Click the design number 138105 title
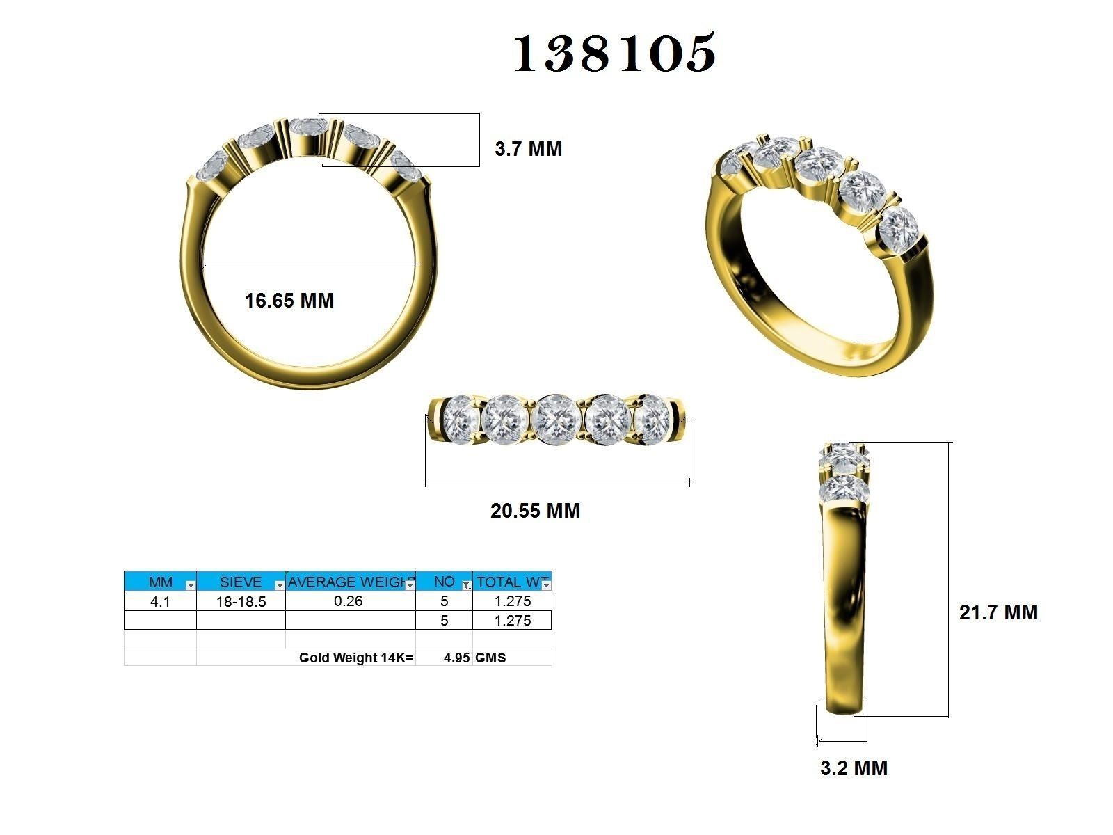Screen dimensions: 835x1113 click(x=615, y=54)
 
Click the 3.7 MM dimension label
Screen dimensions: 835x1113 click(x=528, y=149)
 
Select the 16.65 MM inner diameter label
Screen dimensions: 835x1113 click(x=289, y=301)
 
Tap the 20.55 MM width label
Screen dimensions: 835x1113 click(x=535, y=511)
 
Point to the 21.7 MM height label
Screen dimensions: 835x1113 click(x=998, y=612)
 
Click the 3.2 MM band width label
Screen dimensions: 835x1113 click(x=854, y=768)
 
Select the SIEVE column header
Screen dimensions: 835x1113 click(x=241, y=582)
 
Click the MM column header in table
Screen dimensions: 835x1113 click(x=160, y=582)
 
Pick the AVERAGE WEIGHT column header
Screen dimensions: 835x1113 click(x=350, y=582)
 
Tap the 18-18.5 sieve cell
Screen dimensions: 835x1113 click(x=241, y=602)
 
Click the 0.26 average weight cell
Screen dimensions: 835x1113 click(x=349, y=601)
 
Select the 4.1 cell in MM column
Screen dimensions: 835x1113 click(x=160, y=602)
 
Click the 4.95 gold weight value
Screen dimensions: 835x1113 click(x=456, y=658)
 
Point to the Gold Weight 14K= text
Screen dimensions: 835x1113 click(x=355, y=658)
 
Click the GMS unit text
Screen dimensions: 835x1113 click(x=490, y=658)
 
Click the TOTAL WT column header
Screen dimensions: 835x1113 click(x=512, y=582)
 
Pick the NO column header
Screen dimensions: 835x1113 click(x=444, y=582)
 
